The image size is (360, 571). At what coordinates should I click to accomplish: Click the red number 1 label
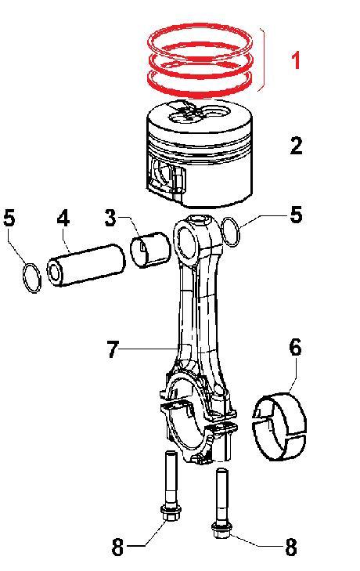click(296, 60)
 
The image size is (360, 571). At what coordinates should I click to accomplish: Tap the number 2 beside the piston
click(295, 146)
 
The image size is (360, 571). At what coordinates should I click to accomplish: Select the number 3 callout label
click(111, 218)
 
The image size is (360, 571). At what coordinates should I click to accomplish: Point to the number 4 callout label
click(63, 218)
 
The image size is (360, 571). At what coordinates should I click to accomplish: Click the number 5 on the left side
click(9, 218)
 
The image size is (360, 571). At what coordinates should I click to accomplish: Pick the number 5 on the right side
click(295, 214)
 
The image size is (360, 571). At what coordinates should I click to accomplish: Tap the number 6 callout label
click(295, 347)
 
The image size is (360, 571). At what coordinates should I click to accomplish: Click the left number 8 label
click(117, 548)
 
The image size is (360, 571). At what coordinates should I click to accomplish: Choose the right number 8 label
click(290, 548)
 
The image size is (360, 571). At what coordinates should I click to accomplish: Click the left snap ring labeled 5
click(30, 279)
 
